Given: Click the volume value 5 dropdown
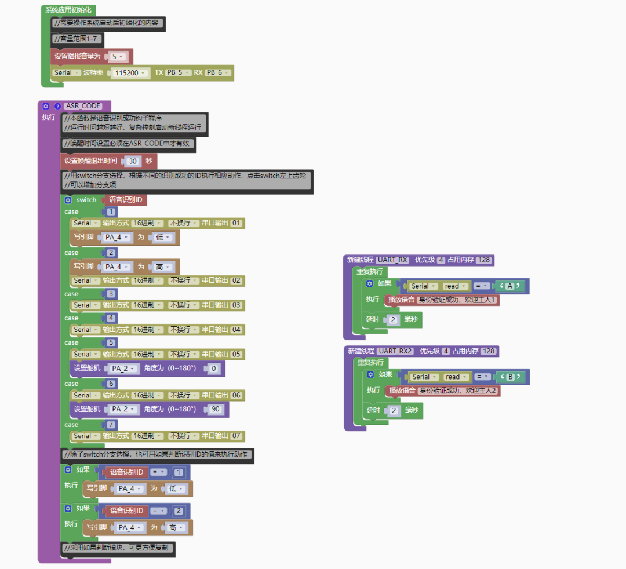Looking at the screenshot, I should tap(118, 56).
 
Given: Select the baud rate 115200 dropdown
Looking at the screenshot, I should tap(129, 73).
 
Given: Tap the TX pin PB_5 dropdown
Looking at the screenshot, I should tap(177, 73).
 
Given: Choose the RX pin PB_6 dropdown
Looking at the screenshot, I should tap(218, 73).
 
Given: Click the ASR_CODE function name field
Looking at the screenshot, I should tap(84, 106).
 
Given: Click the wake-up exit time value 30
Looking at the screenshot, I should tap(133, 161).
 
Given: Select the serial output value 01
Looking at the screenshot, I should tap(236, 223).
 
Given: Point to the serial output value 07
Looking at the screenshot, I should tap(236, 436).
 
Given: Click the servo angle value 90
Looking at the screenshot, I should tap(216, 409).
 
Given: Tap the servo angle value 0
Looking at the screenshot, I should tap(214, 368).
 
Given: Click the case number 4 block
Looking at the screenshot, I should tap(110, 318).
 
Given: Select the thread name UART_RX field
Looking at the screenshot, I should tap(393, 260).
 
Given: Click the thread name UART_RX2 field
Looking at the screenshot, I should tap(396, 351).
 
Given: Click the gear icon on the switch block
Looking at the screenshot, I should tap(68, 200).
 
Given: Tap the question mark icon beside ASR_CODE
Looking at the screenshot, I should tap(57, 106).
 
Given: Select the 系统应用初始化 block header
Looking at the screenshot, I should tap(68, 10).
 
